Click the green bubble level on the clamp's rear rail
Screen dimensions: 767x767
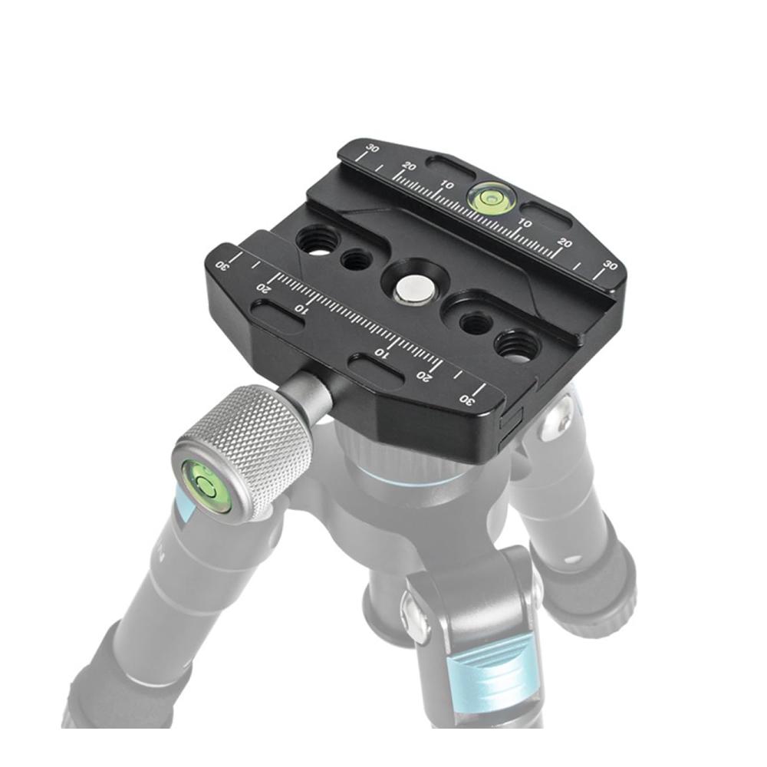pos(487,196)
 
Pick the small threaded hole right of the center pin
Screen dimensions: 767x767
pos(476,323)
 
